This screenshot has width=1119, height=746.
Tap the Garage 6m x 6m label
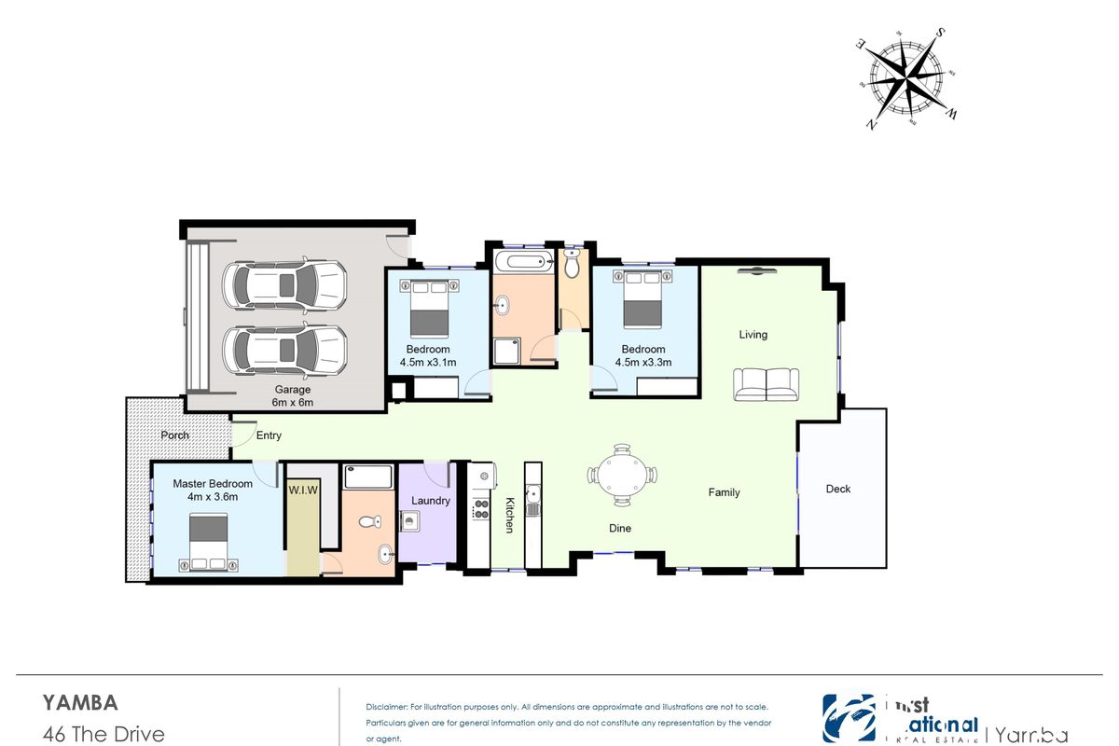pos(293,395)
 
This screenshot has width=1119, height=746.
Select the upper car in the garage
pos(284,285)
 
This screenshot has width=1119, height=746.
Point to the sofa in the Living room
pos(767,384)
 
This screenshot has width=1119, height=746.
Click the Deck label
pos(838,489)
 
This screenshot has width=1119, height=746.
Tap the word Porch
pos(174,435)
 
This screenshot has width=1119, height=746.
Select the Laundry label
pos(430,501)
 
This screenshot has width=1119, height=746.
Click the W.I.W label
pos(303,489)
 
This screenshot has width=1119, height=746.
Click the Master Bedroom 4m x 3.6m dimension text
pos(213,497)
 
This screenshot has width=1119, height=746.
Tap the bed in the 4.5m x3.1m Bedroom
pos(429,307)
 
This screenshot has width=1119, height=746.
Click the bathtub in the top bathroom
pos(523,260)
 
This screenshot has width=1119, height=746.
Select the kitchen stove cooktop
pos(482,509)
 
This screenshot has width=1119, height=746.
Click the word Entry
pos(269,435)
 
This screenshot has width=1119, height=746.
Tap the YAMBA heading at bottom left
pos(80,702)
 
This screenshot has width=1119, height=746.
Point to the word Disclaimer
pos(387,708)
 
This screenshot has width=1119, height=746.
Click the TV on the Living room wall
pos(756,271)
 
